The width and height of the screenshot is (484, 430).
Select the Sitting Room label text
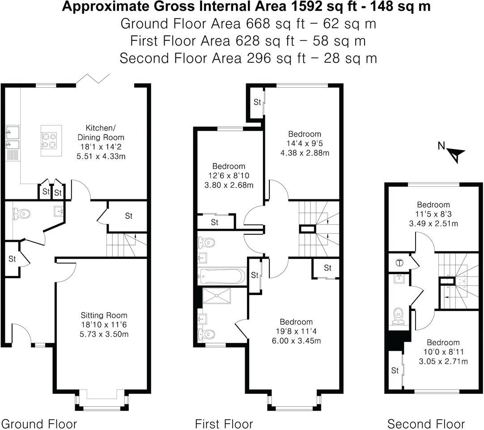(104, 315)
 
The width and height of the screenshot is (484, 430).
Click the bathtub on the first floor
(222, 276)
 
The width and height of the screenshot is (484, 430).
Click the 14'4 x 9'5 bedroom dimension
(304, 144)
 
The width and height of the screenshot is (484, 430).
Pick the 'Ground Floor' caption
(39, 424)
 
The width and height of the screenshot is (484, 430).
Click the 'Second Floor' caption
(426, 424)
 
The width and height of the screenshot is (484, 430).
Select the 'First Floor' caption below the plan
(224, 424)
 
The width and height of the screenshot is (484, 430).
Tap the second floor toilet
(397, 317)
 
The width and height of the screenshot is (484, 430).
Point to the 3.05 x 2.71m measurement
(443, 361)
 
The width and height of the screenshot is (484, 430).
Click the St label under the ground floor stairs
(128, 216)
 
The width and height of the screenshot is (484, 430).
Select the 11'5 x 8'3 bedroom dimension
(433, 215)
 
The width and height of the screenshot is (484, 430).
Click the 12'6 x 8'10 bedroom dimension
(229, 176)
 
